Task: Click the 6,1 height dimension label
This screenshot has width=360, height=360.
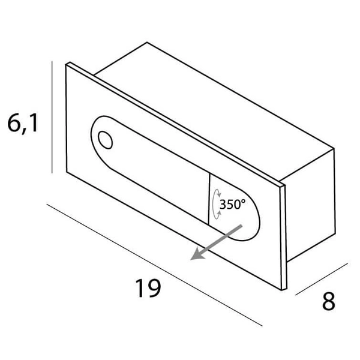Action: click(x=23, y=124)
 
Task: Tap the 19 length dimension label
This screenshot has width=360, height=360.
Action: click(x=148, y=288)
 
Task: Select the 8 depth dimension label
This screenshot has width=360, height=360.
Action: click(x=329, y=301)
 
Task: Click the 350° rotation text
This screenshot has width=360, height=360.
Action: click(x=232, y=204)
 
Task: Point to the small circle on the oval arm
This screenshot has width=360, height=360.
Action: click(x=105, y=140)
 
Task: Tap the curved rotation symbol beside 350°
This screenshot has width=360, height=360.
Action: click(x=216, y=204)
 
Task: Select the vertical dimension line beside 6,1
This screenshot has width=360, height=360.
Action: click(x=52, y=117)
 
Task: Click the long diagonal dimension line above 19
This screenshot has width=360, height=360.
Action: click(x=154, y=265)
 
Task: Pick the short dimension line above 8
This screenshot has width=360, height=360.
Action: click(x=322, y=279)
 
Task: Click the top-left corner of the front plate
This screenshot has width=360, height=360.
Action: click(x=66, y=65)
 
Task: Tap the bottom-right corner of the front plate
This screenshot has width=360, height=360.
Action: click(x=282, y=290)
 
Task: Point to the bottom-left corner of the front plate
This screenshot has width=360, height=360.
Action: click(x=67, y=172)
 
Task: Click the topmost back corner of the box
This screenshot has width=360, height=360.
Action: click(x=147, y=42)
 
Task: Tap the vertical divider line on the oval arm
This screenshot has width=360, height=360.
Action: click(x=209, y=199)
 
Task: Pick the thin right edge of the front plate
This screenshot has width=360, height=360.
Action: click(x=284, y=237)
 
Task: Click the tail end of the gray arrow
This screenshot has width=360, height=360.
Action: click(x=242, y=226)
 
